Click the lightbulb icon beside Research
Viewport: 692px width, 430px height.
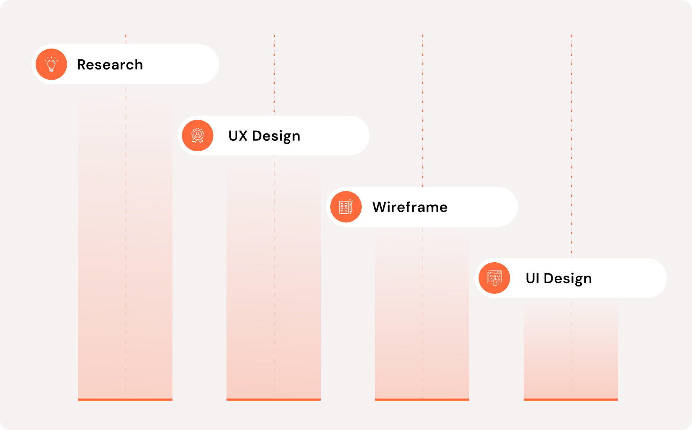click(x=51, y=64)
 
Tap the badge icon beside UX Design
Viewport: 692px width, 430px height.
click(x=197, y=136)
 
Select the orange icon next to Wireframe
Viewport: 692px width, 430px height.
click(x=346, y=207)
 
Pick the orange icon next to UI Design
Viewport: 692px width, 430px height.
click(x=494, y=278)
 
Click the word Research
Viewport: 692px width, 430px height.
click(x=110, y=65)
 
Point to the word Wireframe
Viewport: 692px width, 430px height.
click(x=410, y=207)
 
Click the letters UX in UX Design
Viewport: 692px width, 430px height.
click(x=238, y=136)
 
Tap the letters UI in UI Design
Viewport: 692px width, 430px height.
click(x=532, y=278)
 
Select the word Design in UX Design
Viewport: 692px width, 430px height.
click(x=276, y=136)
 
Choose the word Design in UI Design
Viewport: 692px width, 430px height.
click(x=568, y=279)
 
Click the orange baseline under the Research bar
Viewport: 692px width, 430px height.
click(x=125, y=399)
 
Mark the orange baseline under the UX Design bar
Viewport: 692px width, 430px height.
click(x=273, y=399)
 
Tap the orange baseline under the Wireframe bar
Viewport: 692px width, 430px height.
click(x=422, y=399)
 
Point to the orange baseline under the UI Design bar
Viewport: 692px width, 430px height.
click(x=571, y=399)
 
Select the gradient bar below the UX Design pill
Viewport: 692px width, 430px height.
click(x=252, y=279)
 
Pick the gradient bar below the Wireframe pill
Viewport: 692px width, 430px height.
click(x=398, y=314)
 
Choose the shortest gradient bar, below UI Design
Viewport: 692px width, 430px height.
click(x=549, y=349)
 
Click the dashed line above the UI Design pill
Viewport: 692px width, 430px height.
click(x=571, y=140)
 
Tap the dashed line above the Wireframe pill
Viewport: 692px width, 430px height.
click(x=423, y=105)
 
